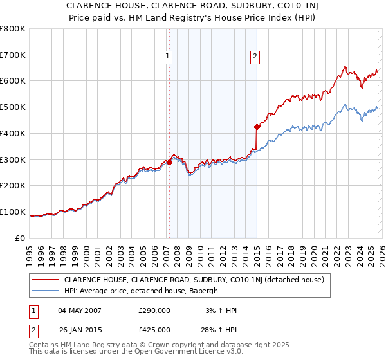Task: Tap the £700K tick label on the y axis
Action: point(13,55)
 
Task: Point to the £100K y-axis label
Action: point(13,212)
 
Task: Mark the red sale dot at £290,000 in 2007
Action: point(169,162)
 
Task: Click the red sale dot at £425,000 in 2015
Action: point(257,127)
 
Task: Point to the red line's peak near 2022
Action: point(345,66)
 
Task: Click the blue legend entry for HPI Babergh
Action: point(141,291)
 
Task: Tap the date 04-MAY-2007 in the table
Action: point(80,310)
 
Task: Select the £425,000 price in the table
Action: point(154,330)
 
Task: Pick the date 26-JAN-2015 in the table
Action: point(80,330)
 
